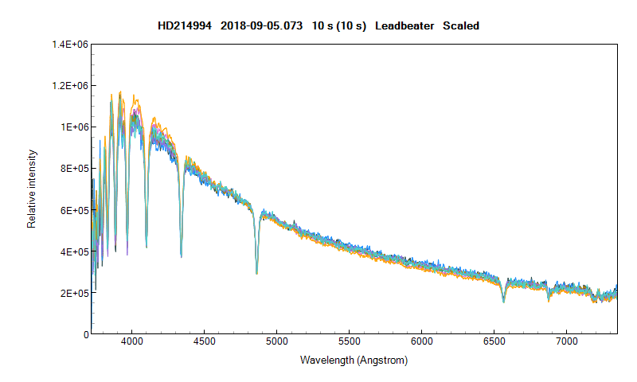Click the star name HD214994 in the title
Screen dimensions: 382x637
click(184, 26)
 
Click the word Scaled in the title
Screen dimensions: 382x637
click(460, 26)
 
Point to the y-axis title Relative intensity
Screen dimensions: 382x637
click(32, 189)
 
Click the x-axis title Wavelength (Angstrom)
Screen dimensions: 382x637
click(354, 361)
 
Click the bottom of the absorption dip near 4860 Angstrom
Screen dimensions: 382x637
click(256, 273)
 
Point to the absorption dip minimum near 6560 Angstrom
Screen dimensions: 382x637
click(503, 302)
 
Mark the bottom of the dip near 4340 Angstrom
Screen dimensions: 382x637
click(182, 256)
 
